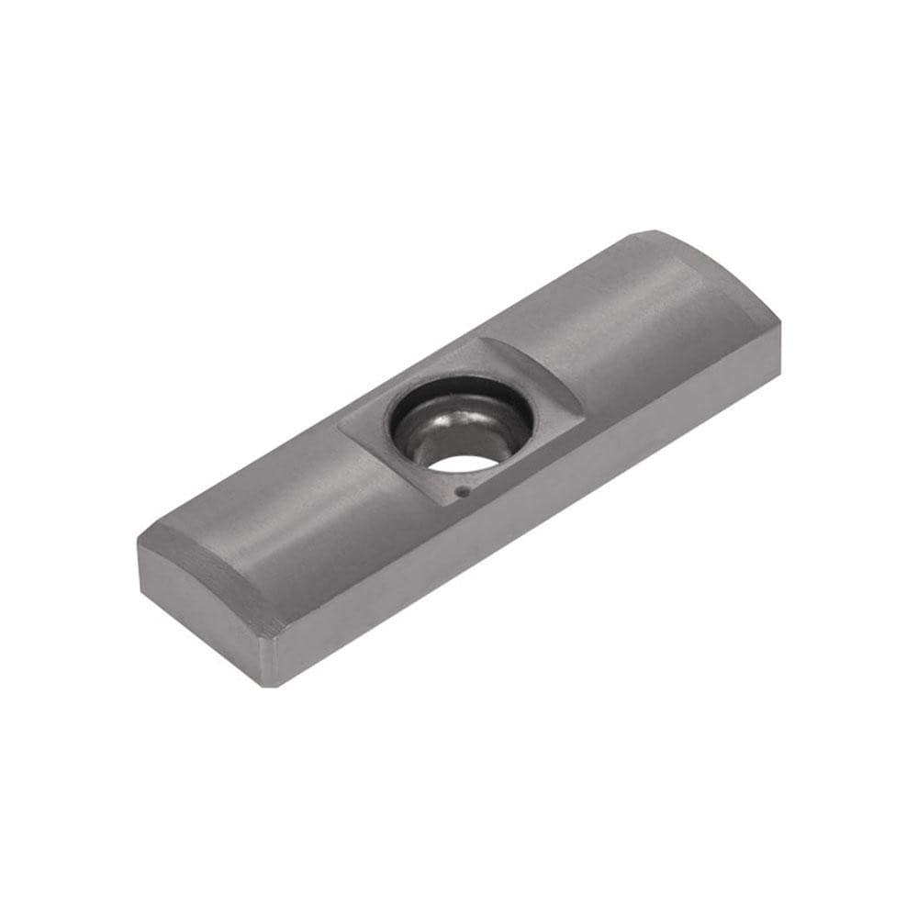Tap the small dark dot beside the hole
click(462, 491)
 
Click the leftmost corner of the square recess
click(339, 424)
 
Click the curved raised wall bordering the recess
click(537, 367)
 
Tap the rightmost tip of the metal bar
click(780, 326)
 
